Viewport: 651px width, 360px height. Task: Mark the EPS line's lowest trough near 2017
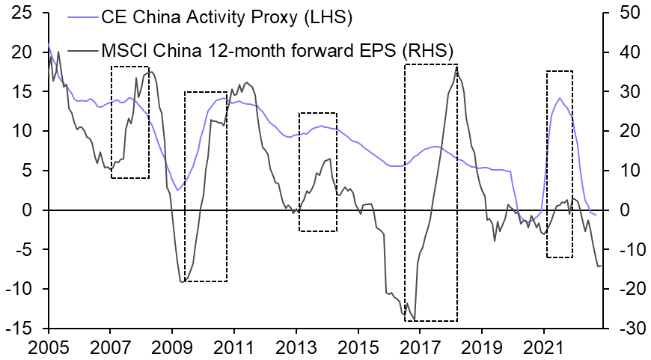(414, 320)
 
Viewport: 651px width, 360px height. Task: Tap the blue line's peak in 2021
(559, 98)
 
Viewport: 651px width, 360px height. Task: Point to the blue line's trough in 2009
(177, 190)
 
